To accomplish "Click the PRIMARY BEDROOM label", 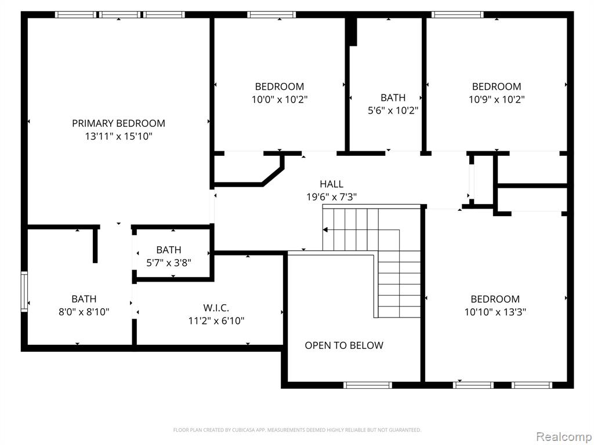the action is click(118, 123).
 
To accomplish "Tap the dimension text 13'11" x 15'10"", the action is click(118, 136).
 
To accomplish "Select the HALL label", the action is click(331, 184).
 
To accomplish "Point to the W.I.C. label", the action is click(216, 308).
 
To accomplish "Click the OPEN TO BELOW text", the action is click(344, 345).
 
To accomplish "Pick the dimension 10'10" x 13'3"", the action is click(495, 312).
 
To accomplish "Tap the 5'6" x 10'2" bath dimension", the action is click(393, 111).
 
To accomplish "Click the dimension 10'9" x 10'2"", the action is click(497, 100).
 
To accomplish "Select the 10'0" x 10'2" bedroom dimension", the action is click(280, 100).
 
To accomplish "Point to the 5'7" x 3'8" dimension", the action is click(169, 262).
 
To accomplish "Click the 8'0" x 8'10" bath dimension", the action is click(84, 312).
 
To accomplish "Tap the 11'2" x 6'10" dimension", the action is click(216, 321).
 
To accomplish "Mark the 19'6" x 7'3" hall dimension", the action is click(331, 197).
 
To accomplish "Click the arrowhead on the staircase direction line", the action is click(325, 229).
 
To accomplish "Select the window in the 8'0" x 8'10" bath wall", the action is click(24, 291).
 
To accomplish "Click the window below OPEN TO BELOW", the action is click(367, 385).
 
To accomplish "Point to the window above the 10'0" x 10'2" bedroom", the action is click(271, 14).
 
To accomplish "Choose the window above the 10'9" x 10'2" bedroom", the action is click(458, 14).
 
